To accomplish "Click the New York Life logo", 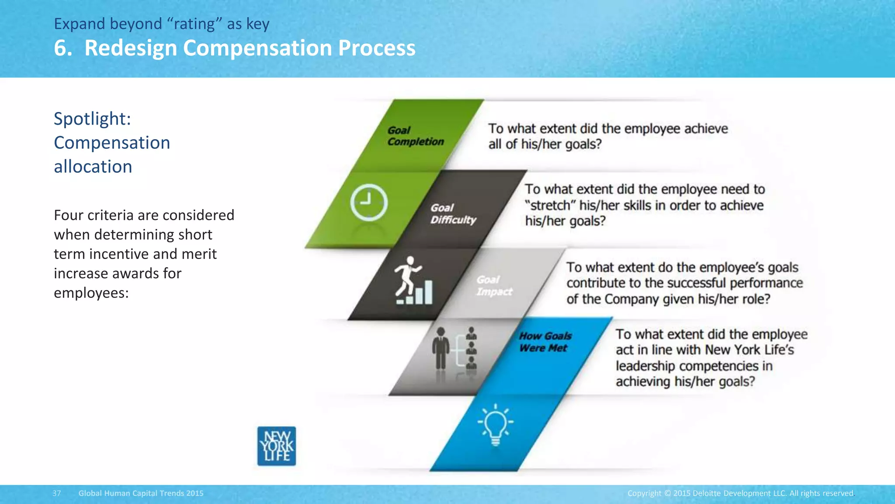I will pyautogui.click(x=277, y=446).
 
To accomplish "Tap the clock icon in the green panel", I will pyautogui.click(x=368, y=203).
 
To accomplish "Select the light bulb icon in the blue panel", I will pyautogui.click(x=495, y=424).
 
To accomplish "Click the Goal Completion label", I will pyautogui.click(x=415, y=136).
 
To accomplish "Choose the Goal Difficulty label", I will pyautogui.click(x=453, y=214).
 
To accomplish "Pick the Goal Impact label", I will pyautogui.click(x=494, y=286).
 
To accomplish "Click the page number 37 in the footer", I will pyautogui.click(x=57, y=493).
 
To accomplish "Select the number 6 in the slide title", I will pyautogui.click(x=61, y=48).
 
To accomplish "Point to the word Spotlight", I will pyautogui.click(x=92, y=119).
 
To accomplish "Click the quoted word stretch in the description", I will pyautogui.click(x=552, y=205).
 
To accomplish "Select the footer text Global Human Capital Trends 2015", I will pyautogui.click(x=141, y=493).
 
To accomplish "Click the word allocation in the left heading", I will pyautogui.click(x=93, y=167).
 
